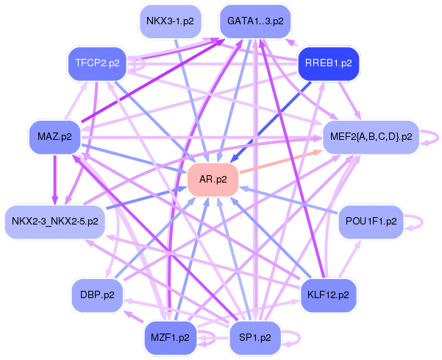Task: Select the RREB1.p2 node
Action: click(327, 63)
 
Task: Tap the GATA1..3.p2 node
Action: click(254, 21)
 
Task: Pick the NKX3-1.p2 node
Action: click(170, 21)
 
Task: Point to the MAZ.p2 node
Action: click(54, 136)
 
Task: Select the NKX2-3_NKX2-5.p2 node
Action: click(55, 221)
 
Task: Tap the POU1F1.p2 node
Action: click(371, 221)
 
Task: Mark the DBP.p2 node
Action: click(97, 294)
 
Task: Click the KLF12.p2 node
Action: click(328, 294)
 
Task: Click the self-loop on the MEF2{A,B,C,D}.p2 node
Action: click(434, 137)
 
